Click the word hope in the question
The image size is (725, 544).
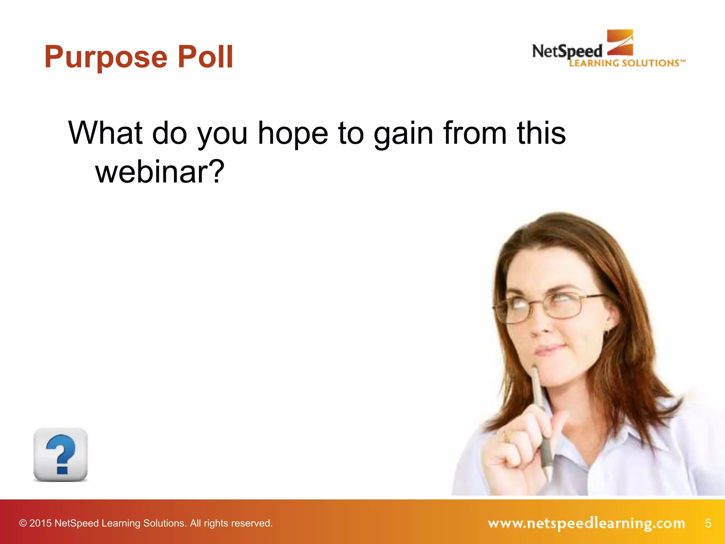point(293,134)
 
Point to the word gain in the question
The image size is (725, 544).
point(403,134)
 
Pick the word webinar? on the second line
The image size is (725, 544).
point(160,172)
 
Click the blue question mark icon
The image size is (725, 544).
point(61,454)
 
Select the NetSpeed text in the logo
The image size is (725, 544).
point(567,52)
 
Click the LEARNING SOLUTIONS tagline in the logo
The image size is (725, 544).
point(627,63)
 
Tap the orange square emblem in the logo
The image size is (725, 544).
point(620,42)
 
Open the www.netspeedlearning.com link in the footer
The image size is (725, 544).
point(586,523)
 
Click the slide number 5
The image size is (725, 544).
point(708,523)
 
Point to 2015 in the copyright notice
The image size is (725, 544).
point(41,523)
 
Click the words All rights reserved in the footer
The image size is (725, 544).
point(231,523)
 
